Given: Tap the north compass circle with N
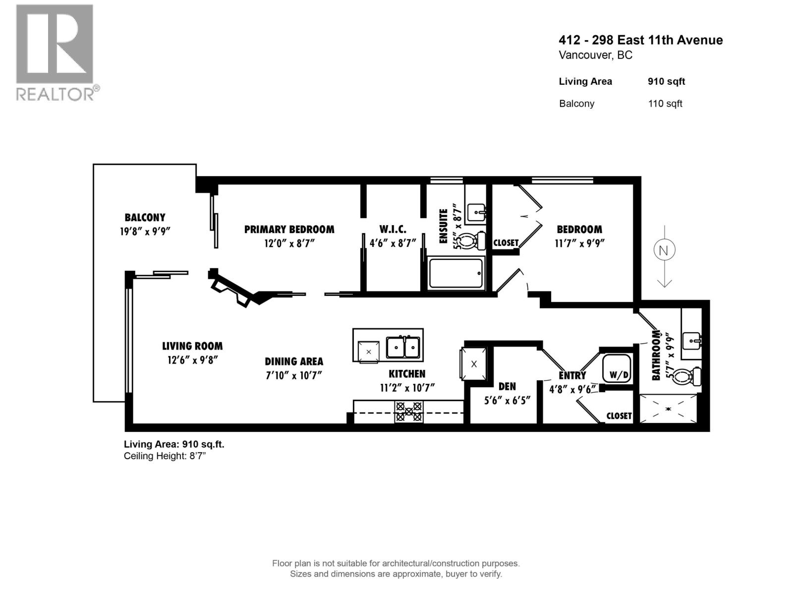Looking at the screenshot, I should [664, 250].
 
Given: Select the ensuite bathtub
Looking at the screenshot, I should [455, 273].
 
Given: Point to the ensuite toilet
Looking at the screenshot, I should [475, 240].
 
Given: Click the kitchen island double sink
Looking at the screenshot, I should [403, 347].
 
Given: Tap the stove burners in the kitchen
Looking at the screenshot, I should [408, 412].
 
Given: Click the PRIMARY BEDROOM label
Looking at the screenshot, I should [289, 230].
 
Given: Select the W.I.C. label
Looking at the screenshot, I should [393, 230].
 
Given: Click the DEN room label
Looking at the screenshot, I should [507, 386].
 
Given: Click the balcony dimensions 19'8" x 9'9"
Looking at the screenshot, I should [145, 231].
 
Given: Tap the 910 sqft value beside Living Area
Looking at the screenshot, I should [666, 82].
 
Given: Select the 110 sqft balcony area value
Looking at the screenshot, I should [665, 104].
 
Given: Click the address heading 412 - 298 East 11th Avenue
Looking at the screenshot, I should [640, 40].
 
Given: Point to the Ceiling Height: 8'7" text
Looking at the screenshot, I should [165, 456].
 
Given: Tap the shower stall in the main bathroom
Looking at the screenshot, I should [668, 409].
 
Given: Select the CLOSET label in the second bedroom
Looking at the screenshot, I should [506, 243].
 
